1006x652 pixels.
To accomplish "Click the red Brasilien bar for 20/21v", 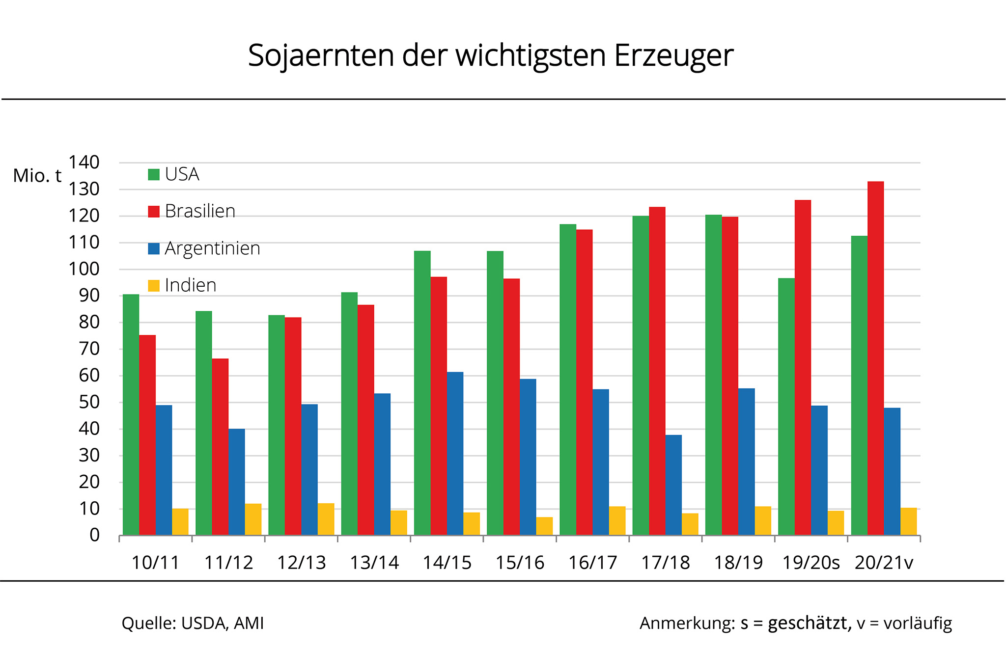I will [x=875, y=358].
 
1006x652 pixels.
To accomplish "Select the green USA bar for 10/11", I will [x=131, y=415].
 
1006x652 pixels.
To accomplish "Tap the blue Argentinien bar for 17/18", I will [x=673, y=485].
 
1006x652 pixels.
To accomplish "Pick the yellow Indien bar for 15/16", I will [x=544, y=526].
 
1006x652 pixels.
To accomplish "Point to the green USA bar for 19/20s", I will [x=786, y=407].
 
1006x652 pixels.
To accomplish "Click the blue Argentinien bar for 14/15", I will [x=455, y=454].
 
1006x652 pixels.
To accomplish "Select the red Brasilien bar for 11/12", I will [x=220, y=447].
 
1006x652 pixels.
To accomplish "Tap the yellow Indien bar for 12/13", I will [x=326, y=519].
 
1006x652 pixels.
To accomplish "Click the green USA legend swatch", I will [x=154, y=174].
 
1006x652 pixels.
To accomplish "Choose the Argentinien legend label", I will [x=212, y=248].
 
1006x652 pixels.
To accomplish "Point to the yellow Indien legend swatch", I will [x=154, y=285].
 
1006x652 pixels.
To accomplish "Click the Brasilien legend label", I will [x=200, y=211].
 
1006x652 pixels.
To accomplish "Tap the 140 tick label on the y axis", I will [x=84, y=162].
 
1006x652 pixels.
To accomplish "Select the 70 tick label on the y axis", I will [x=89, y=349].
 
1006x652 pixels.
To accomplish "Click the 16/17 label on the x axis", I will [x=592, y=563].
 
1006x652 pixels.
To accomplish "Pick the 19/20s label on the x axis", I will [x=811, y=563].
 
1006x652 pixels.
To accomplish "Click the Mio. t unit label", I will [x=37, y=176].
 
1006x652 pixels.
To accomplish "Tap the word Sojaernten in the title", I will [x=321, y=55].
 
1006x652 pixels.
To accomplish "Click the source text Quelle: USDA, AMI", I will [x=193, y=623].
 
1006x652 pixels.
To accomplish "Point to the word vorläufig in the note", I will [x=918, y=623].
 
